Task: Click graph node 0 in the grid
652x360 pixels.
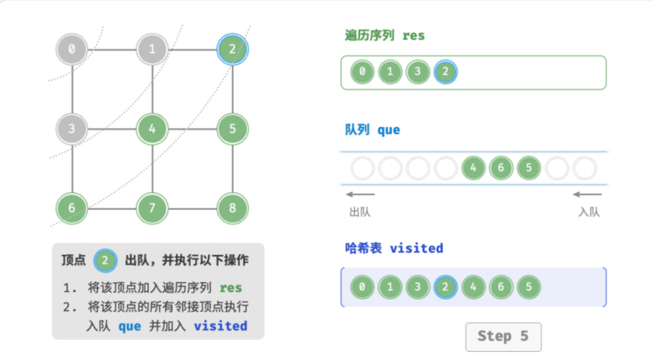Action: [x=72, y=49]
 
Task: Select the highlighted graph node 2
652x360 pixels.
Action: [x=232, y=49]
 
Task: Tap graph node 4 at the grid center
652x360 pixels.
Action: [x=153, y=129]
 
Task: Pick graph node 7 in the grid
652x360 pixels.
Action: [x=153, y=207]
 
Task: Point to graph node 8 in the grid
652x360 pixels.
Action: [x=232, y=207]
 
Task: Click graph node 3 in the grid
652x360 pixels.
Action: [x=72, y=129]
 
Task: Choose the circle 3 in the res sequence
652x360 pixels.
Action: [x=418, y=72]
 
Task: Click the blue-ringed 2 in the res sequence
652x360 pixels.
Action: [x=446, y=72]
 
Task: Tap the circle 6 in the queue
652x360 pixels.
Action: [x=501, y=168]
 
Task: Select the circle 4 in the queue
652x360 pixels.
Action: [x=473, y=168]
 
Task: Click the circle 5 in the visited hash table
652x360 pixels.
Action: [x=529, y=287]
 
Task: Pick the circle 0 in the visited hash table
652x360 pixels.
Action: [x=362, y=287]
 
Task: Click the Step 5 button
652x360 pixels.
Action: [x=503, y=336]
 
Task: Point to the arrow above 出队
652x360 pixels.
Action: [x=360, y=194]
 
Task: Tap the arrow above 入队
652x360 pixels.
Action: [x=587, y=194]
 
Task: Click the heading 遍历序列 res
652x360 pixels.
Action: [x=385, y=35]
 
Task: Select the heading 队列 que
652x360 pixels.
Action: [x=373, y=130]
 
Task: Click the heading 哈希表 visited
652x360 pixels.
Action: [x=393, y=248]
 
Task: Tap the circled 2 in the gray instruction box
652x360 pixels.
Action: [x=105, y=260]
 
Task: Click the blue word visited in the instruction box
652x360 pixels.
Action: [x=220, y=326]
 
